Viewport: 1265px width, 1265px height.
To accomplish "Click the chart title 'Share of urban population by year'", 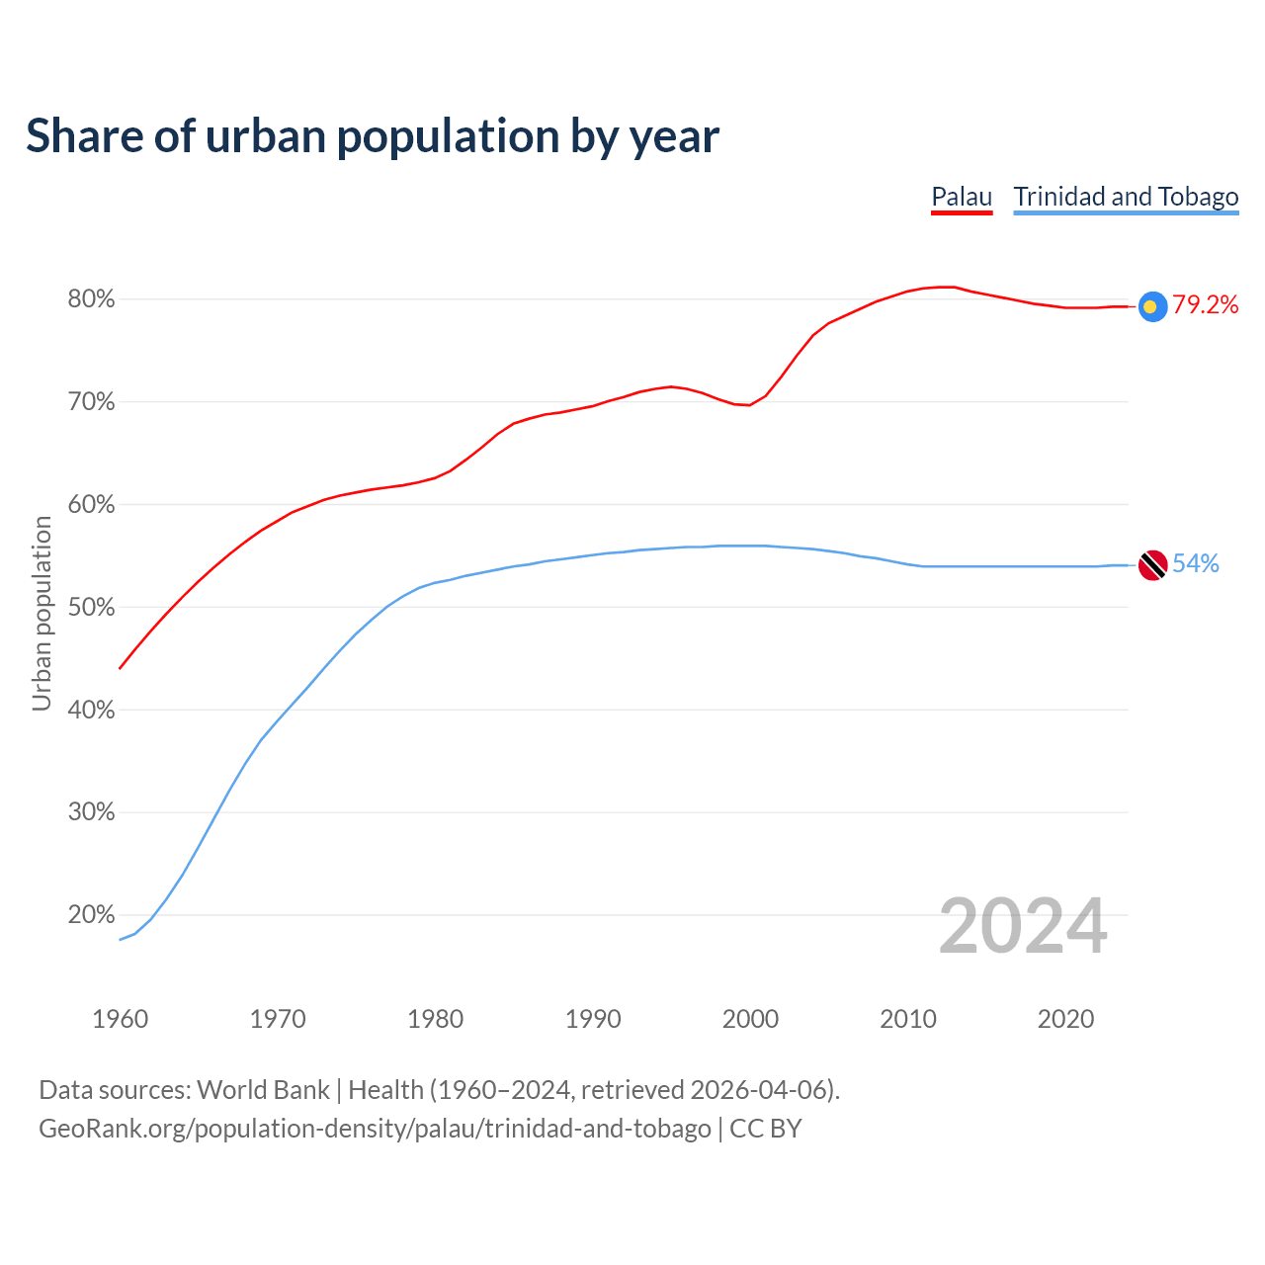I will pyautogui.click(x=373, y=136).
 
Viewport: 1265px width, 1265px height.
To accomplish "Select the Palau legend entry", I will pyautogui.click(x=962, y=197).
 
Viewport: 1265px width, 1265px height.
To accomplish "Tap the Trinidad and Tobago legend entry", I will pyautogui.click(x=1126, y=197).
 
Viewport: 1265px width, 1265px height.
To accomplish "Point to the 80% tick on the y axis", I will pyautogui.click(x=91, y=299).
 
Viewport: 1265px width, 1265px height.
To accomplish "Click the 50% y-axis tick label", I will pyautogui.click(x=91, y=608).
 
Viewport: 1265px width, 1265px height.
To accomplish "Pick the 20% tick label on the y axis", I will pyautogui.click(x=91, y=915).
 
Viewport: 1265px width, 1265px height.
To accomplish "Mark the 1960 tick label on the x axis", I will pyautogui.click(x=121, y=1019).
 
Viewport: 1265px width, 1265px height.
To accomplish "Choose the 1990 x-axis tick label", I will pyautogui.click(x=593, y=1019).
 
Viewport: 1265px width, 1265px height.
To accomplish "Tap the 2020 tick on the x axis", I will pyautogui.click(x=1065, y=1019).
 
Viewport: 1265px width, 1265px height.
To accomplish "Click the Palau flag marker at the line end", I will pyautogui.click(x=1152, y=306).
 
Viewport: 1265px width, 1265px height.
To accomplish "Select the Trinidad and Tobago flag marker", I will pyautogui.click(x=1152, y=565).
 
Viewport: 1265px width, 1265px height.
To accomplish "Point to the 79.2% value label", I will pyautogui.click(x=1206, y=305).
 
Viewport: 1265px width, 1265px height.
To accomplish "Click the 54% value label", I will pyautogui.click(x=1196, y=564).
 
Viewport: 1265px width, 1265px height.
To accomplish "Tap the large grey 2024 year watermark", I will pyautogui.click(x=1023, y=927).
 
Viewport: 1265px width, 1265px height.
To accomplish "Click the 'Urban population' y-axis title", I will pyautogui.click(x=42, y=613).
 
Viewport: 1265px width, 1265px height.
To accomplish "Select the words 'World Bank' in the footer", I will pyautogui.click(x=263, y=1090).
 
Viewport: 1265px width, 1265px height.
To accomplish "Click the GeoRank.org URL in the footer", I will pyautogui.click(x=375, y=1129).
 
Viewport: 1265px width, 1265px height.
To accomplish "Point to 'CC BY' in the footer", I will pyautogui.click(x=766, y=1129).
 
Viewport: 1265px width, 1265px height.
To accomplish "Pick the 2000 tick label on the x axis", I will pyautogui.click(x=751, y=1019).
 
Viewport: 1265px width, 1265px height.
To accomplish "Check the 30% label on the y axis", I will pyautogui.click(x=91, y=812).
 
